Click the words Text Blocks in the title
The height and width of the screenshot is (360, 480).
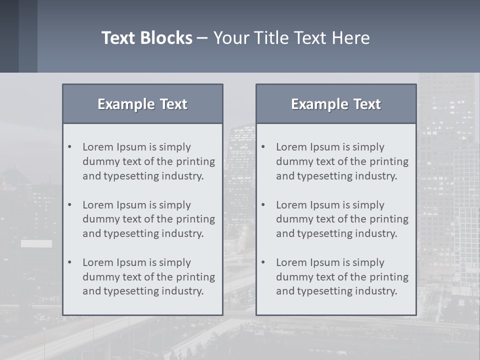147,38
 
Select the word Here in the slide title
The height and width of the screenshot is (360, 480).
350,38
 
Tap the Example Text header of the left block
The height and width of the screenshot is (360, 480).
142,104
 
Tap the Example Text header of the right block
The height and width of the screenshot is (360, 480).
336,104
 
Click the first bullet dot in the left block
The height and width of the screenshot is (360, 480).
70,147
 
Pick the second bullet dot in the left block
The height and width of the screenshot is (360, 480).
70,205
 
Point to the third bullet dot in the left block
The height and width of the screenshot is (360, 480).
70,262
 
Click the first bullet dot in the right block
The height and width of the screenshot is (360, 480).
263,147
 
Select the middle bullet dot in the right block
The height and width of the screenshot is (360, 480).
263,205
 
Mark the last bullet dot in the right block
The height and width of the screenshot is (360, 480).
263,262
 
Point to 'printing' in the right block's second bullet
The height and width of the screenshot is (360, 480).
390,219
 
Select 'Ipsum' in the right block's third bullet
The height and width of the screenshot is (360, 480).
325,262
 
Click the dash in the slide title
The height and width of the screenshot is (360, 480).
202,38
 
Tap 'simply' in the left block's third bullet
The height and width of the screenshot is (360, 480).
175,262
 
